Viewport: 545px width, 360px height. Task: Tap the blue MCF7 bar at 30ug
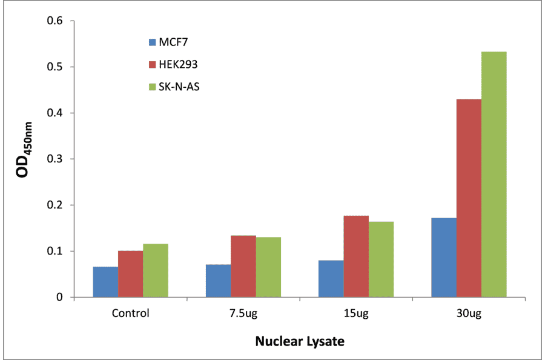pyautogui.click(x=444, y=258)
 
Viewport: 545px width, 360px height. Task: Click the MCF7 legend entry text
pyautogui.click(x=176, y=42)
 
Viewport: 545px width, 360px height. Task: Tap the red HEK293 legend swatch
pyautogui.click(x=152, y=65)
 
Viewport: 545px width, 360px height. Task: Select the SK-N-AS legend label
pyautogui.click(x=179, y=87)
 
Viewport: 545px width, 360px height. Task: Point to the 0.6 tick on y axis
pyautogui.click(x=55, y=21)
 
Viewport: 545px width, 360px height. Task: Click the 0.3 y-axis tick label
pyautogui.click(x=55, y=159)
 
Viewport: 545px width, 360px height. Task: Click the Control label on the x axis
pyautogui.click(x=130, y=313)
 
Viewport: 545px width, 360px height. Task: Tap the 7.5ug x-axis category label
pyautogui.click(x=243, y=313)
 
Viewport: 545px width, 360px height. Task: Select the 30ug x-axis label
pyautogui.click(x=469, y=313)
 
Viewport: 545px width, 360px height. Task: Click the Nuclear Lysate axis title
pyautogui.click(x=299, y=341)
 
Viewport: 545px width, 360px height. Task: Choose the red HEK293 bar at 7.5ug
pyautogui.click(x=243, y=266)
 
